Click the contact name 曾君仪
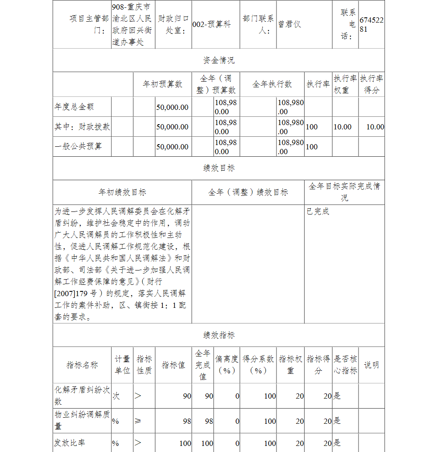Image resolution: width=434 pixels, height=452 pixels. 289,24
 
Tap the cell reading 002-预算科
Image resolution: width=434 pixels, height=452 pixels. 211,24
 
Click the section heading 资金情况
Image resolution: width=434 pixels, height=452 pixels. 219,60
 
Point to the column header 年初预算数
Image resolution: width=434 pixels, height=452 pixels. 163,84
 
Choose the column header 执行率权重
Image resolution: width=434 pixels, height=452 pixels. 345,84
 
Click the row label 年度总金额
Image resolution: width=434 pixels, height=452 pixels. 74,107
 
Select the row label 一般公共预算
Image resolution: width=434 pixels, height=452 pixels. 78,147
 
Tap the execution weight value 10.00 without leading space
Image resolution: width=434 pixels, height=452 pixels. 342,127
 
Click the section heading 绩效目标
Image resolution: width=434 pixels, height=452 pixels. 219,168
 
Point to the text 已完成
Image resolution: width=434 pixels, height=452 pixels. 318,211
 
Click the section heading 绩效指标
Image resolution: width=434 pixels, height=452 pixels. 219,335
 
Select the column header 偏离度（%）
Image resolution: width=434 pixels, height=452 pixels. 227,365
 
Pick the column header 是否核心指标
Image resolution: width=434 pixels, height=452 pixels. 345,365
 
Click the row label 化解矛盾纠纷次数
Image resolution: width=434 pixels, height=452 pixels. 82,396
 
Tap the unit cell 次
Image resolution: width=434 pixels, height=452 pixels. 116,396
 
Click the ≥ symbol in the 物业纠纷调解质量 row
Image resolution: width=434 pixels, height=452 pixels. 138,421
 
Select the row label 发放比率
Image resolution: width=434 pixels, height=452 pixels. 69,443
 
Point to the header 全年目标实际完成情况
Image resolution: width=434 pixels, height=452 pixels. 344,192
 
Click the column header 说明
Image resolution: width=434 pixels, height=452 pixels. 371,365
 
